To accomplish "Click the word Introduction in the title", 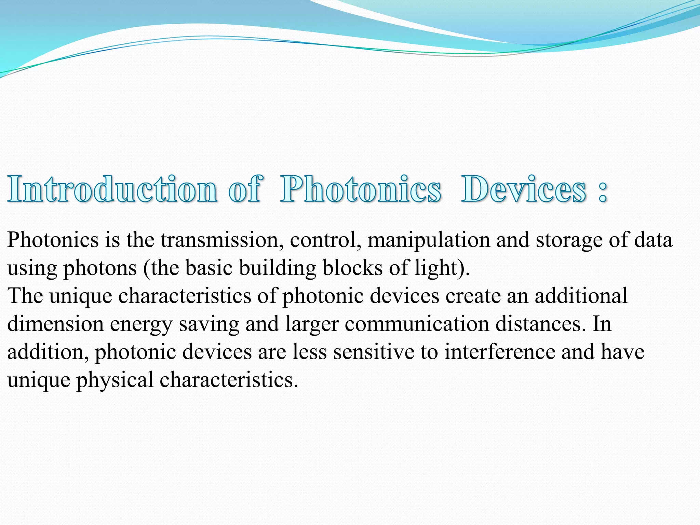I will point(112,189).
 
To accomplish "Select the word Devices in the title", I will point(524,189).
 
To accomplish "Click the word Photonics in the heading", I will point(361,189).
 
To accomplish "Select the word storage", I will point(569,241).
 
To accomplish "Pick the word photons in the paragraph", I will point(100,269).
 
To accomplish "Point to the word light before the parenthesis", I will point(436,269).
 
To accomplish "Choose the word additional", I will point(581,296).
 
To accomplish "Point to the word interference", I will point(500,352).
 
